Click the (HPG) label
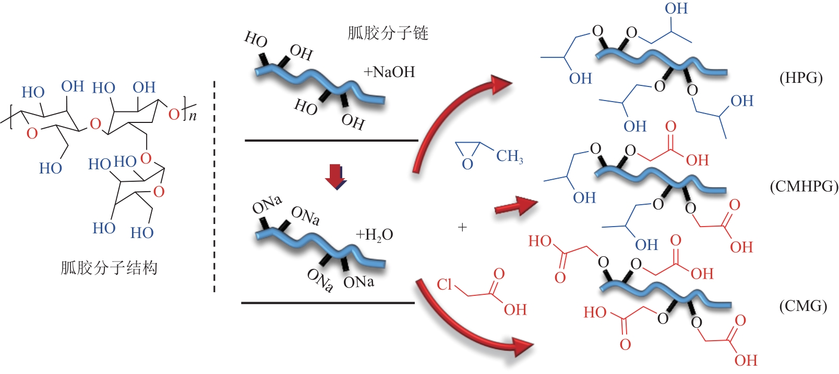(x=801, y=78)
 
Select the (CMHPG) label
(x=804, y=186)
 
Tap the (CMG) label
(x=803, y=306)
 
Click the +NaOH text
(x=390, y=72)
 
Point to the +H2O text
(x=374, y=235)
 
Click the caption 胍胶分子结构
(x=109, y=268)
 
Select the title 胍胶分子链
(x=388, y=33)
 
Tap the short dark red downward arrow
(x=335, y=177)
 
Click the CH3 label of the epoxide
(x=509, y=156)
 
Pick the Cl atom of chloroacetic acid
(x=445, y=284)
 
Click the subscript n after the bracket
(x=193, y=116)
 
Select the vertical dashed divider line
(x=214, y=186)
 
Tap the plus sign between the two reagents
(x=463, y=227)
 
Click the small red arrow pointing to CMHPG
(x=516, y=206)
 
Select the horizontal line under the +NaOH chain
(x=331, y=141)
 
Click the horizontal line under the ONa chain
(x=328, y=303)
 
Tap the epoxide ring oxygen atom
(x=468, y=164)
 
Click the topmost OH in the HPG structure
(x=676, y=9)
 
